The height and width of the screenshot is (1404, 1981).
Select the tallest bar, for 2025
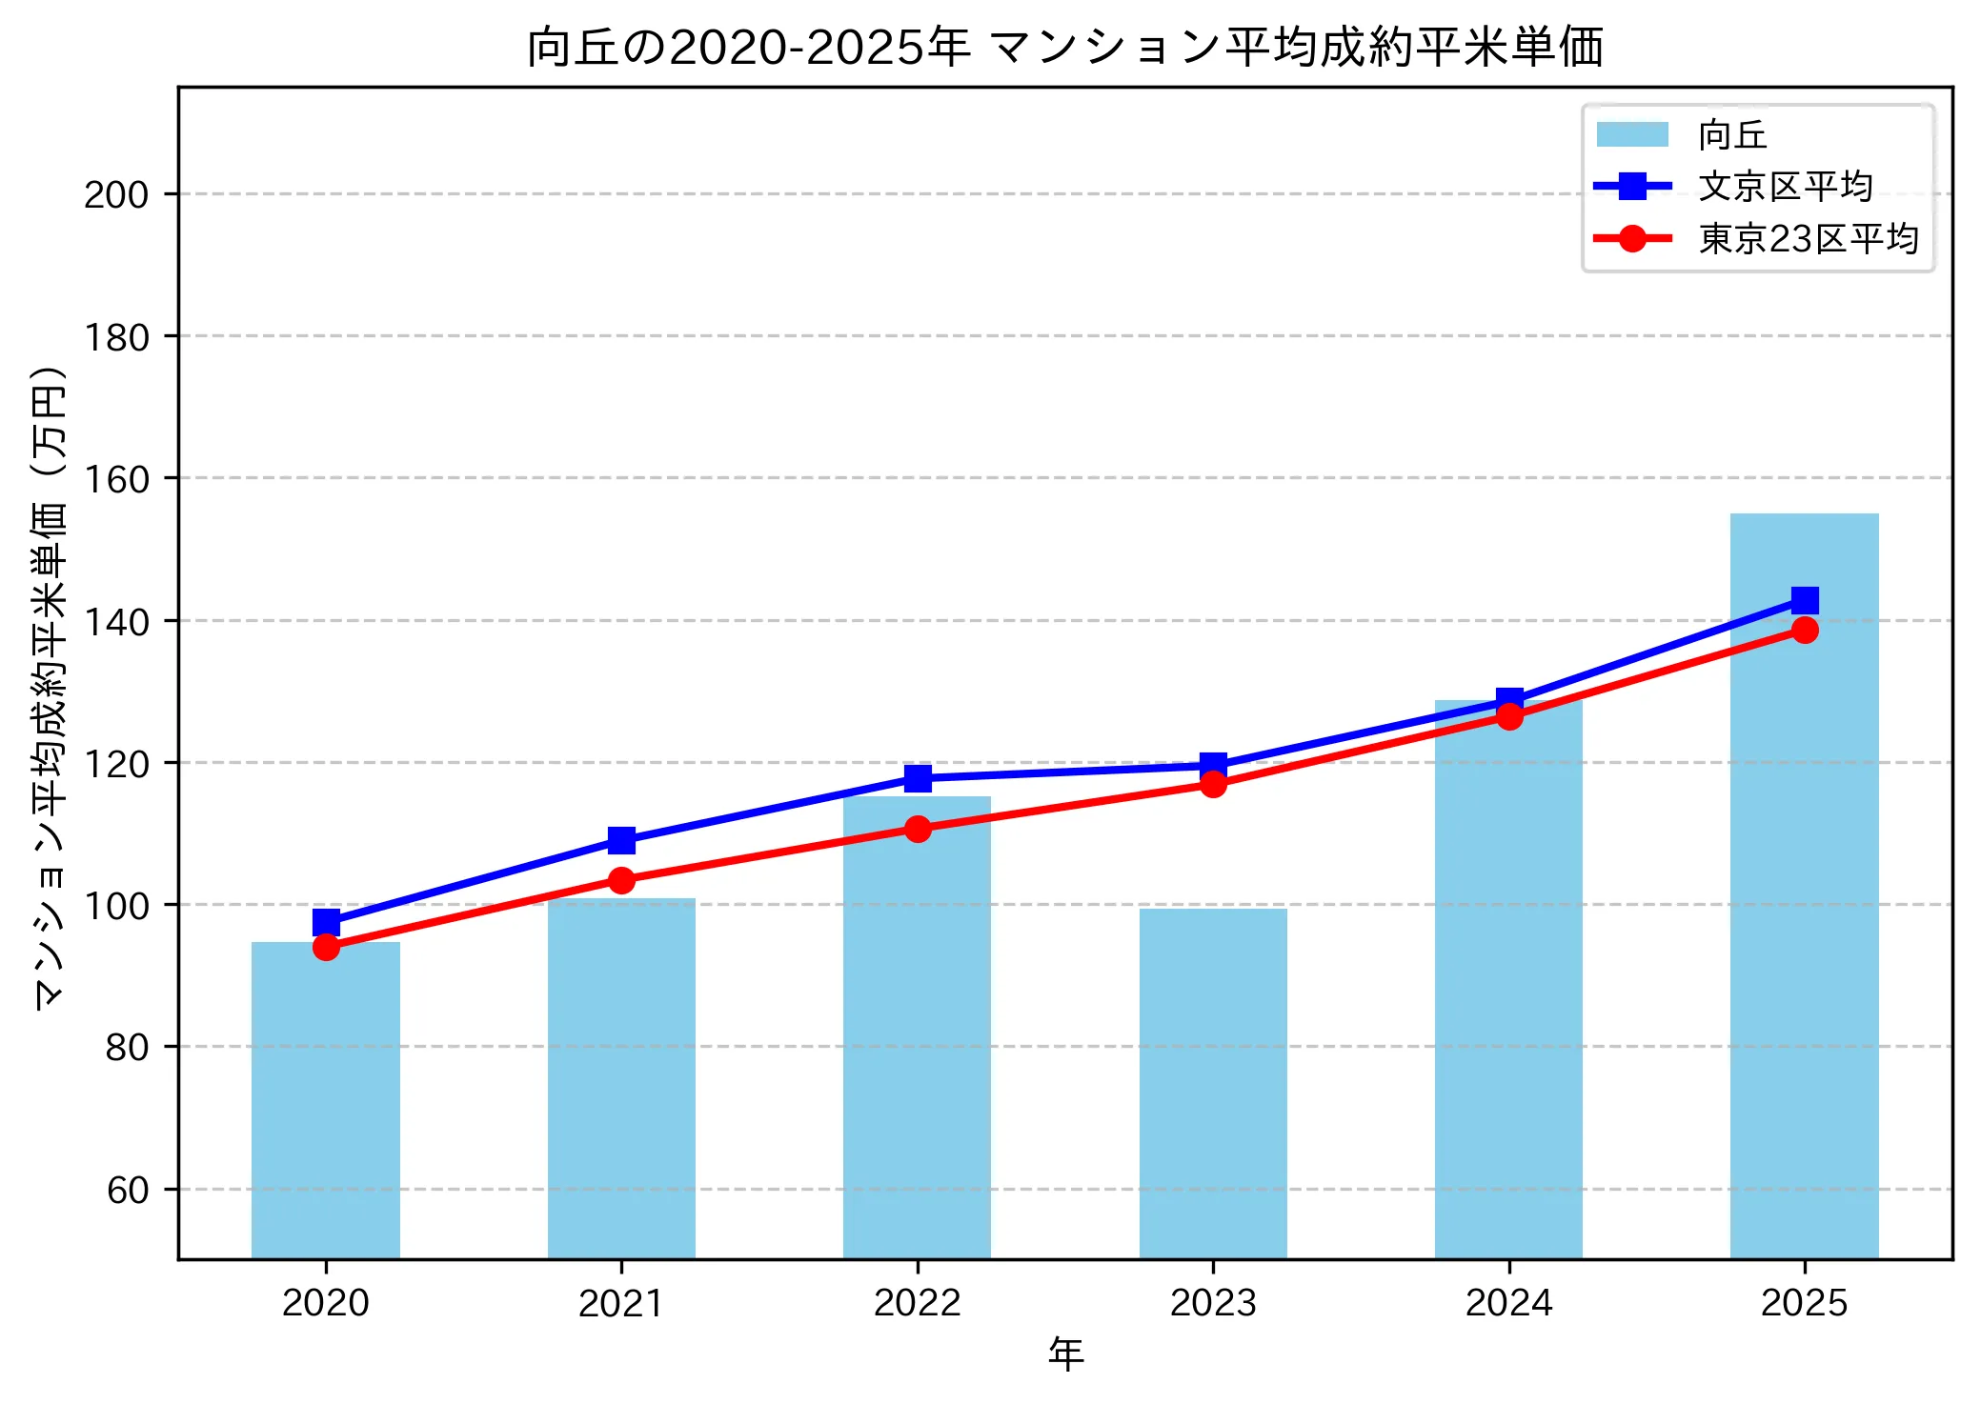click(1804, 886)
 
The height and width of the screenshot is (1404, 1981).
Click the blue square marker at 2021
click(621, 840)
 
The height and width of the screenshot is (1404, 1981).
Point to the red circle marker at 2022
click(918, 829)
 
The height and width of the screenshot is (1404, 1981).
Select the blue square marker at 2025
click(1804, 600)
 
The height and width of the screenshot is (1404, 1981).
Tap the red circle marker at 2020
click(326, 947)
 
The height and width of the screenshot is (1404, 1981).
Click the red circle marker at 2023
click(1213, 784)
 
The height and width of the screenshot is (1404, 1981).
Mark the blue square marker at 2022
click(918, 778)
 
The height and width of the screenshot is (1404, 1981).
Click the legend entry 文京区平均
click(1785, 187)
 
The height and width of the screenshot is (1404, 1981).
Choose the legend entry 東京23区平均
click(1808, 238)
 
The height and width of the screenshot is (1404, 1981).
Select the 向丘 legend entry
click(1731, 135)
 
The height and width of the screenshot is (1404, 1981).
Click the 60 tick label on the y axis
click(128, 1191)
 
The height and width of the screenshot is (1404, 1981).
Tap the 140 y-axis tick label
click(116, 622)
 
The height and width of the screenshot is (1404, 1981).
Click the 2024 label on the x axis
click(1508, 1302)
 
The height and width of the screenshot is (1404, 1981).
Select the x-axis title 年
click(1065, 1354)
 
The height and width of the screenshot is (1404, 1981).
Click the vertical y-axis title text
click(50, 686)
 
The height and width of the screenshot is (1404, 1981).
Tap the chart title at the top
click(1065, 48)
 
